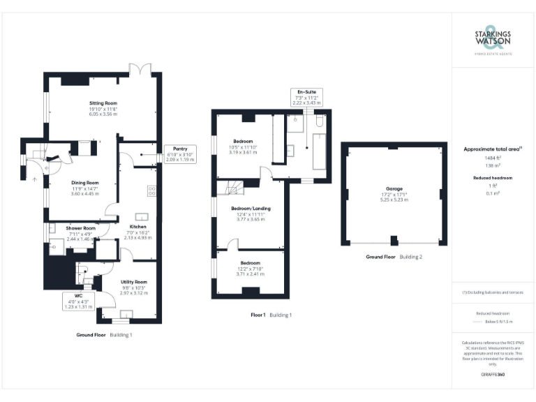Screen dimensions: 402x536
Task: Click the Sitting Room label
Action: (103, 103)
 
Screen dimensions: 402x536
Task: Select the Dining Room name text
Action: (84, 183)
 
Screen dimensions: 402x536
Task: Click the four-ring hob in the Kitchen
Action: (151, 190)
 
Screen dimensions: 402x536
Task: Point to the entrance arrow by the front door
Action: (34, 178)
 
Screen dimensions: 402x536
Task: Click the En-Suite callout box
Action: (307, 97)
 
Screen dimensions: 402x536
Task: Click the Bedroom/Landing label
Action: (251, 208)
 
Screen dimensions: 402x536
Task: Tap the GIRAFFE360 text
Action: (493, 375)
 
